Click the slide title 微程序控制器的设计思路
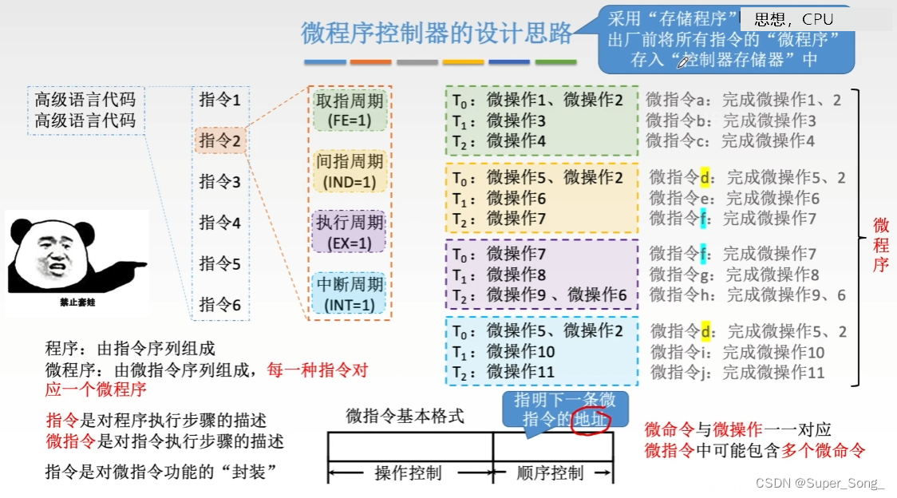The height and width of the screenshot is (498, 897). tap(437, 33)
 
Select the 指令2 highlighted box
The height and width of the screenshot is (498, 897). tap(220, 140)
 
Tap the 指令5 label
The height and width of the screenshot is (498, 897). tap(220, 263)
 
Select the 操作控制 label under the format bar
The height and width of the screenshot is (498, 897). tap(408, 473)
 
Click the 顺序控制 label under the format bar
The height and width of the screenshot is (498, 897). tap(550, 473)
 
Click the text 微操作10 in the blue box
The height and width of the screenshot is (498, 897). tap(521, 351)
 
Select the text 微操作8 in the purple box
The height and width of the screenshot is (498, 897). tap(516, 275)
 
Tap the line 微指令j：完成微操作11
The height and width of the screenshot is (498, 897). tap(737, 372)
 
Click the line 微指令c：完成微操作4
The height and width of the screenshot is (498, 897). tap(730, 140)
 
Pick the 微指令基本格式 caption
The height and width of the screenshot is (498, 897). tap(405, 416)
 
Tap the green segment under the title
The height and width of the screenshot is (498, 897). tap(555, 62)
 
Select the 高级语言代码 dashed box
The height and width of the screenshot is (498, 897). tap(85, 110)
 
